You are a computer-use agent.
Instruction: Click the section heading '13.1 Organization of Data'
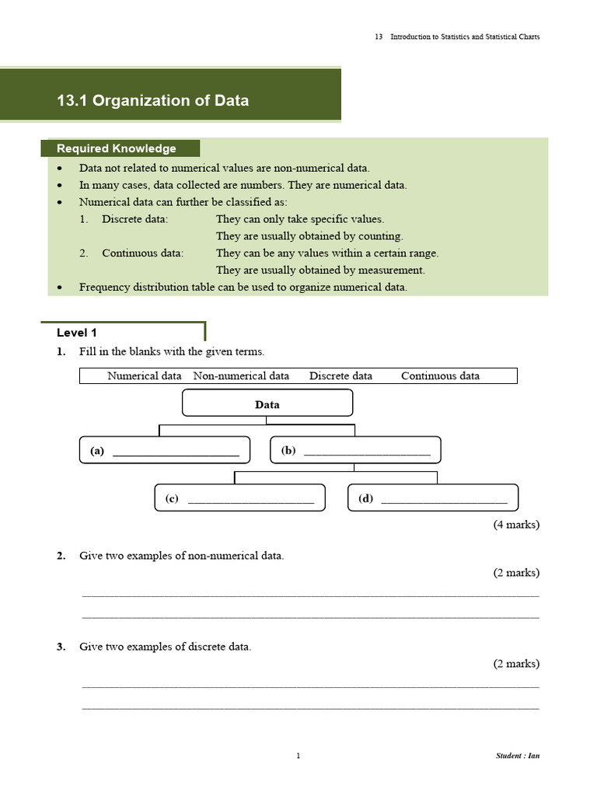pos(153,100)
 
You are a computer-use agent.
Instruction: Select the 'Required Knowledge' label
pos(117,148)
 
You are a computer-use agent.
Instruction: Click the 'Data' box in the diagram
pos(267,403)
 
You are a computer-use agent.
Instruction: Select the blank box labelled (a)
pos(164,451)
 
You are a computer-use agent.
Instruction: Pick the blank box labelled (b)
pos(355,451)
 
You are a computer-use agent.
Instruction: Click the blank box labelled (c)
pos(239,498)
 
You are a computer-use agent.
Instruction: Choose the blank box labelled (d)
pos(432,498)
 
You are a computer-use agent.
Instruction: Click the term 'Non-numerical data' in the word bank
pos(241,376)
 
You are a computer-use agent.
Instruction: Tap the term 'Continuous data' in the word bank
pos(440,376)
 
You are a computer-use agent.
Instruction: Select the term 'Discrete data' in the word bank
pos(340,376)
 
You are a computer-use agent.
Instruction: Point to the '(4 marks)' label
pos(515,525)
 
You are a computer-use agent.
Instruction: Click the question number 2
pos(61,556)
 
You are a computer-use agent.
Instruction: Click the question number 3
pos(61,647)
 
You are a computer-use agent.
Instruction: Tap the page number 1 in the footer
pos(298,756)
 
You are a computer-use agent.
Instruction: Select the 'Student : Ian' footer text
pos(517,756)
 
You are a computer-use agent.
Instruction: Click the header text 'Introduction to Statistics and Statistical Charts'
pos(464,37)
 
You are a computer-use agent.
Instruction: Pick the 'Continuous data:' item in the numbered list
pos(142,253)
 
